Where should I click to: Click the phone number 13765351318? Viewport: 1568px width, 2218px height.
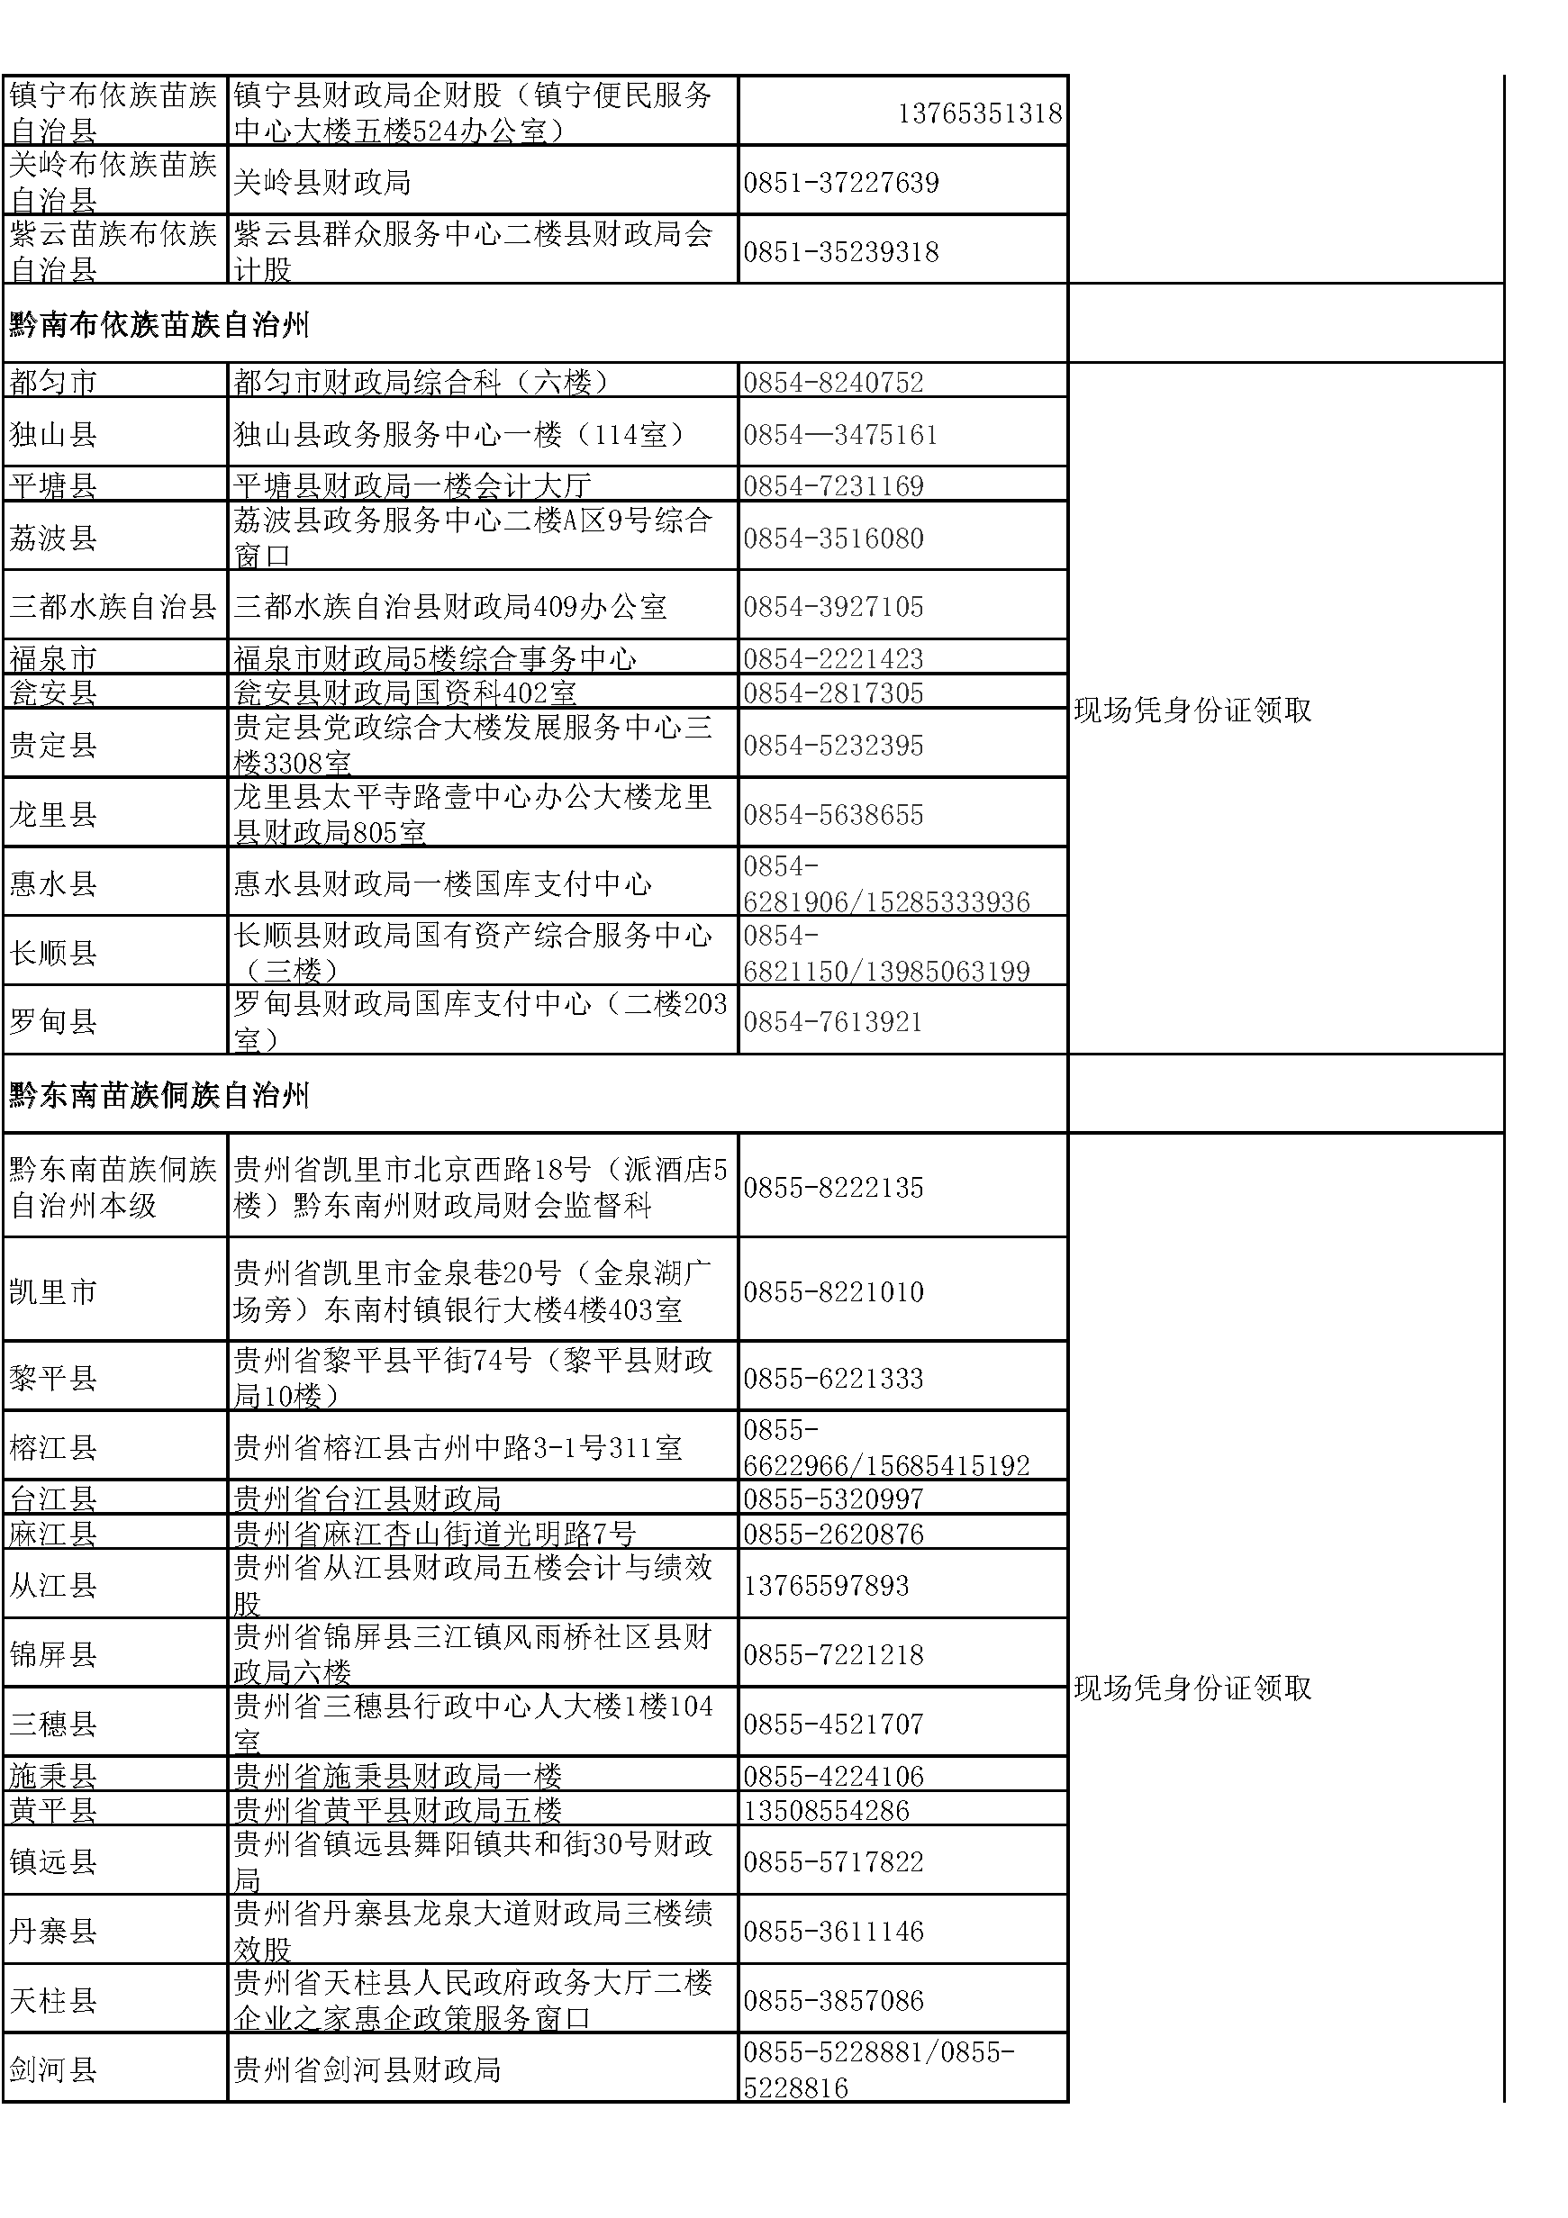click(x=980, y=114)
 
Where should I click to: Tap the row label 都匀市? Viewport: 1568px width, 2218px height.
click(x=53, y=383)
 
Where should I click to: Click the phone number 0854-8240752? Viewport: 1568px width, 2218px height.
click(x=833, y=383)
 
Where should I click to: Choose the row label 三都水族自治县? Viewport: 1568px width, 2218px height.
click(x=113, y=607)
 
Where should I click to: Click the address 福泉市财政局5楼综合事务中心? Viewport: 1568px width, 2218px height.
click(x=435, y=659)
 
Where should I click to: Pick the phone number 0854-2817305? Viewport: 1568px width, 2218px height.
click(x=833, y=693)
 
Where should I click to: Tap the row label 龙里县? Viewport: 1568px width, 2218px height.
click(x=53, y=814)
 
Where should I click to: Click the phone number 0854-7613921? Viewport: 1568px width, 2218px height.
click(x=833, y=1022)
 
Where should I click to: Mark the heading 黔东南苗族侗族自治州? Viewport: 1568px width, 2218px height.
click(x=159, y=1095)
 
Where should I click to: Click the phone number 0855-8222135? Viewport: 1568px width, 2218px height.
click(x=833, y=1187)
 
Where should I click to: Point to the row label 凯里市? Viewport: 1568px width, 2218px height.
click(x=53, y=1291)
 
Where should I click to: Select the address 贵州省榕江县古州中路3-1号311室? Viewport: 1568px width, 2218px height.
click(x=458, y=1447)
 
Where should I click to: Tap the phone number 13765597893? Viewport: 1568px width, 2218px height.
click(x=826, y=1585)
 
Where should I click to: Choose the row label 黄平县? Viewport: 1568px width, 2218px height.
click(x=53, y=1810)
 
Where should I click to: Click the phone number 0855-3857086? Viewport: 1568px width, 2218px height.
click(x=833, y=2001)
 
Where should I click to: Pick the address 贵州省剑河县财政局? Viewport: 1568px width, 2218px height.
click(x=367, y=2069)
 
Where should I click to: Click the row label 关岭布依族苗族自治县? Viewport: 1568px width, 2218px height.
click(x=113, y=182)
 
